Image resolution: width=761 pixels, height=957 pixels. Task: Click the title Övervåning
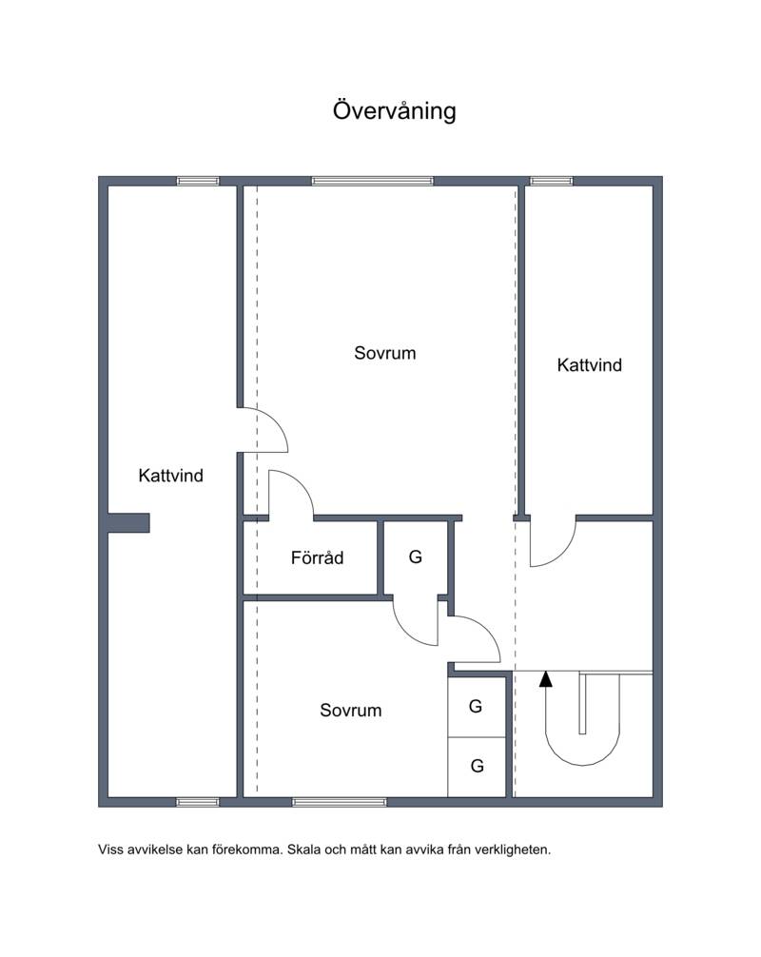(x=394, y=111)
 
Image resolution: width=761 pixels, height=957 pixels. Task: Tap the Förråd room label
(x=317, y=557)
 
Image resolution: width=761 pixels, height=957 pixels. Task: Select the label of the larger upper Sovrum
(x=385, y=353)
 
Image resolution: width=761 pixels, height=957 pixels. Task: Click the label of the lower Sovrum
(x=351, y=710)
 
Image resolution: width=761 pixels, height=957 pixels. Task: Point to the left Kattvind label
(x=171, y=476)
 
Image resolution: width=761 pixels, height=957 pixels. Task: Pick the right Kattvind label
(x=590, y=365)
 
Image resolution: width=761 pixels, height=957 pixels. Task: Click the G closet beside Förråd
(x=416, y=557)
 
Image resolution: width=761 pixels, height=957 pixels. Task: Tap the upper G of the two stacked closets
(x=476, y=706)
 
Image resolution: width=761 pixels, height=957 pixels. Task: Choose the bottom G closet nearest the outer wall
(x=478, y=766)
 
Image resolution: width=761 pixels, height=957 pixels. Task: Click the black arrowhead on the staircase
(x=546, y=679)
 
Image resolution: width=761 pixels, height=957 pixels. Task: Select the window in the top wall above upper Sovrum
(x=372, y=181)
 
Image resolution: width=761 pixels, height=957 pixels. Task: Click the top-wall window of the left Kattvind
(x=198, y=181)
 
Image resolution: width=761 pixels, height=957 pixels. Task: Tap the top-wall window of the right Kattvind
(x=551, y=181)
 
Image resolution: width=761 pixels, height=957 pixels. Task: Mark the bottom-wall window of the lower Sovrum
(x=340, y=802)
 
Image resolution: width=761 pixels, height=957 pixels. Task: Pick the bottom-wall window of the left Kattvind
(x=198, y=802)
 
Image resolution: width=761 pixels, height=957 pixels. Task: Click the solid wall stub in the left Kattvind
(x=128, y=523)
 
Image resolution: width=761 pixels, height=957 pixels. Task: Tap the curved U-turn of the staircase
(x=583, y=751)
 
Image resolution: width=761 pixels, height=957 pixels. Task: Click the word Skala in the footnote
(x=303, y=849)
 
